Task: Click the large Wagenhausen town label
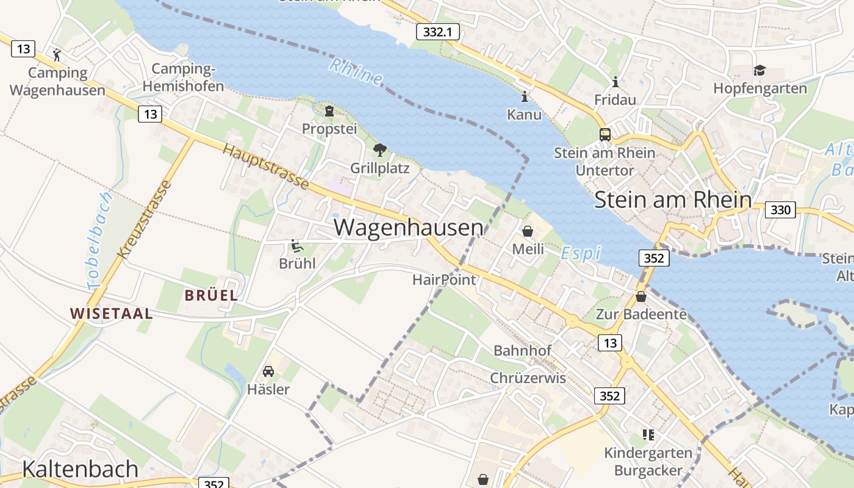pyautogui.click(x=408, y=228)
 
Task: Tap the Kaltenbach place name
pyautogui.click(x=81, y=468)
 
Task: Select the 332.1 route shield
pyautogui.click(x=437, y=32)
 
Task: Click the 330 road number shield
pyautogui.click(x=780, y=210)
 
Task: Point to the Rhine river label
pyautogui.click(x=356, y=71)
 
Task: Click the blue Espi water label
pyautogui.click(x=581, y=253)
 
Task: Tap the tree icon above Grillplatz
pyautogui.click(x=379, y=149)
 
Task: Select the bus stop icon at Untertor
pyautogui.click(x=605, y=135)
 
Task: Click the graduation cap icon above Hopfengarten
pyautogui.click(x=759, y=71)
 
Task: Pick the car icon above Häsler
pyautogui.click(x=268, y=371)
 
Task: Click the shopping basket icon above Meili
pyautogui.click(x=528, y=231)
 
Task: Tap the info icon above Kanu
pyautogui.click(x=524, y=96)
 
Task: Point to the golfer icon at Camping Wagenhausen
pyautogui.click(x=57, y=55)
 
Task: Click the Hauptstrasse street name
pyautogui.click(x=265, y=167)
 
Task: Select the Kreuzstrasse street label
pyautogui.click(x=144, y=220)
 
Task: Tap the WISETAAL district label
pyautogui.click(x=111, y=314)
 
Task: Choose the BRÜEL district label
pyautogui.click(x=211, y=295)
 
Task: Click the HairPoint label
pyautogui.click(x=443, y=279)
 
